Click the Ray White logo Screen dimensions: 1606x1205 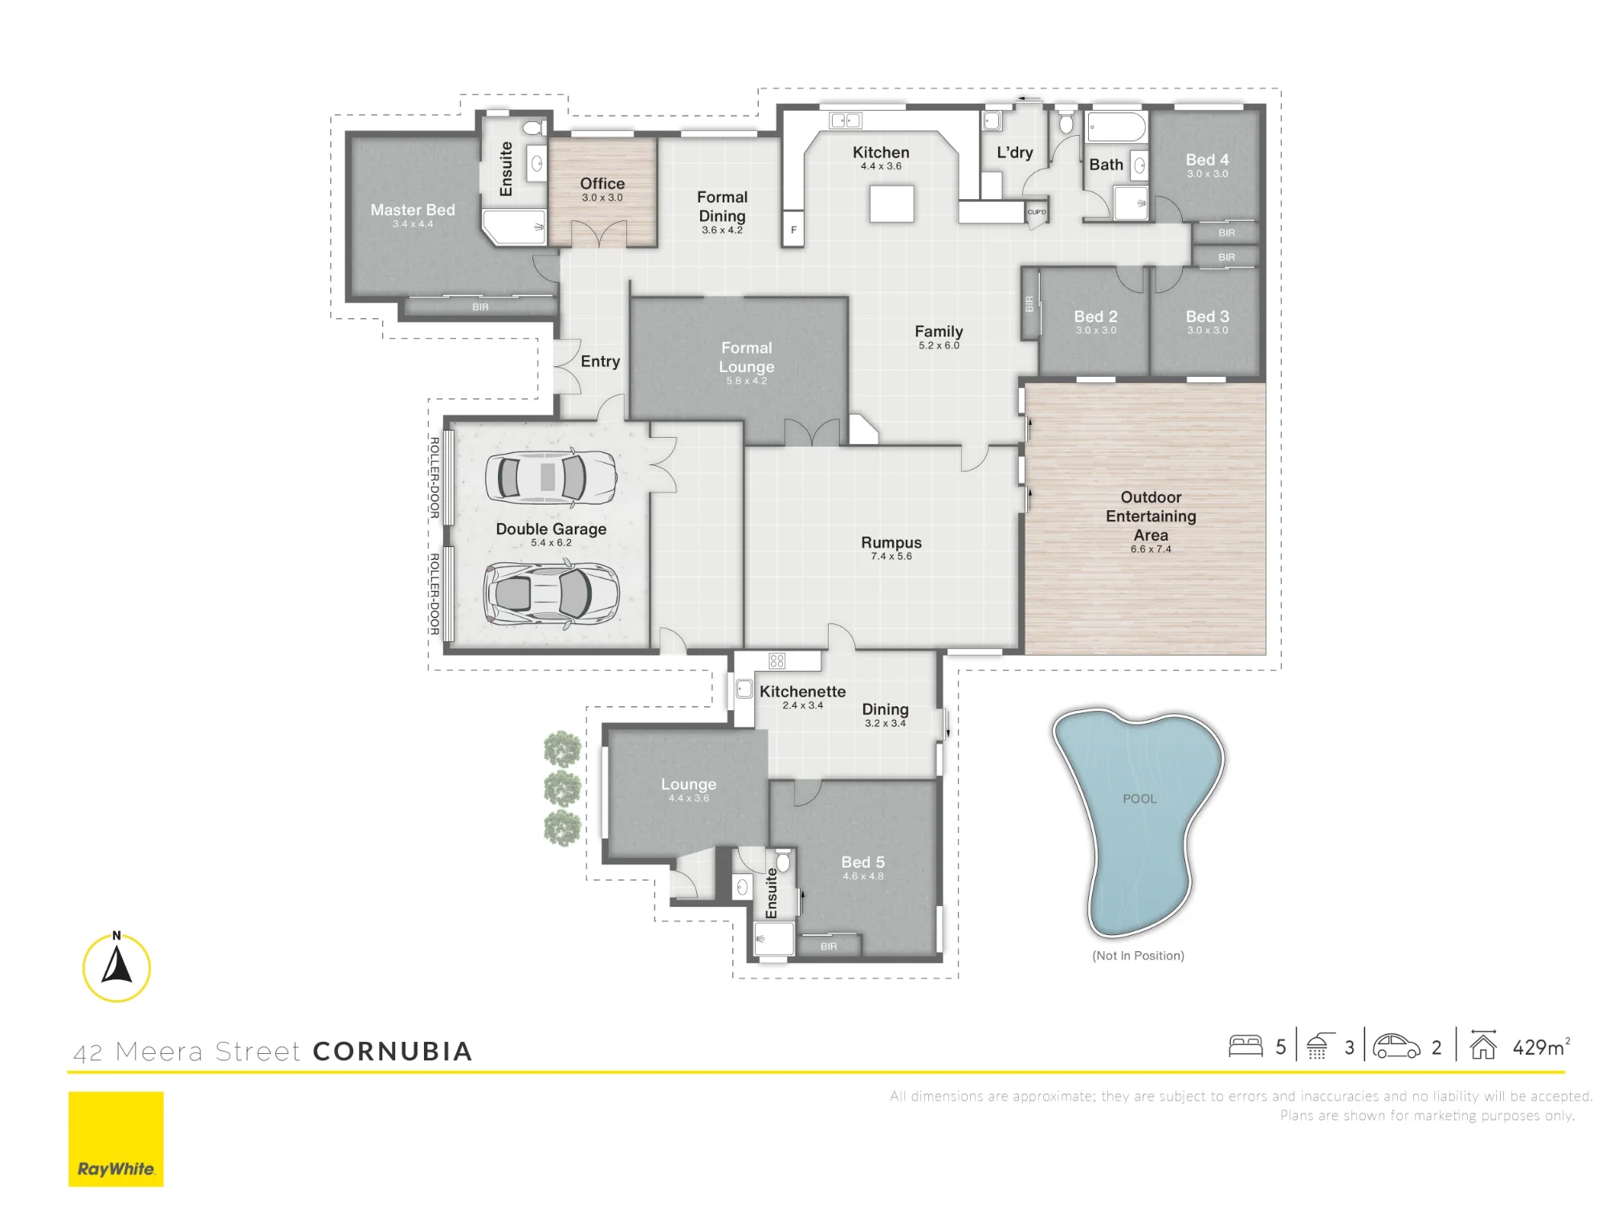(x=116, y=1138)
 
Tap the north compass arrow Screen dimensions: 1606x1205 (x=117, y=966)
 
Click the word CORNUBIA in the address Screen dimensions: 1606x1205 (x=393, y=1052)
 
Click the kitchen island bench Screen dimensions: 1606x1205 (x=891, y=203)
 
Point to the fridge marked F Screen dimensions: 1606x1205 (x=793, y=229)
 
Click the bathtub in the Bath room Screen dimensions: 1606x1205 (x=1116, y=127)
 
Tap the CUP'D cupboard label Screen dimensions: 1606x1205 (x=1037, y=213)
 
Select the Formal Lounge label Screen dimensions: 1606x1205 (x=747, y=357)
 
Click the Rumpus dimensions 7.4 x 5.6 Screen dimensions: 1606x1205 (x=891, y=556)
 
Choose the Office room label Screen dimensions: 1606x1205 (x=602, y=183)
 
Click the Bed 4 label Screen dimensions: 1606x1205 (x=1207, y=160)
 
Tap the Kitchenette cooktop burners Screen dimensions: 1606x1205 (x=777, y=660)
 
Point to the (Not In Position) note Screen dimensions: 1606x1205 (x=1138, y=955)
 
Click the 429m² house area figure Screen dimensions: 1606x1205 (x=1541, y=1047)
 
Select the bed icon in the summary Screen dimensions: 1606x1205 (x=1245, y=1046)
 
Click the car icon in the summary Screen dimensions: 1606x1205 (x=1396, y=1046)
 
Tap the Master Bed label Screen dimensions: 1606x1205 (x=413, y=210)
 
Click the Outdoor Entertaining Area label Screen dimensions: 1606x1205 (x=1151, y=516)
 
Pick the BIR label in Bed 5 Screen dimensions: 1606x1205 (x=829, y=946)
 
